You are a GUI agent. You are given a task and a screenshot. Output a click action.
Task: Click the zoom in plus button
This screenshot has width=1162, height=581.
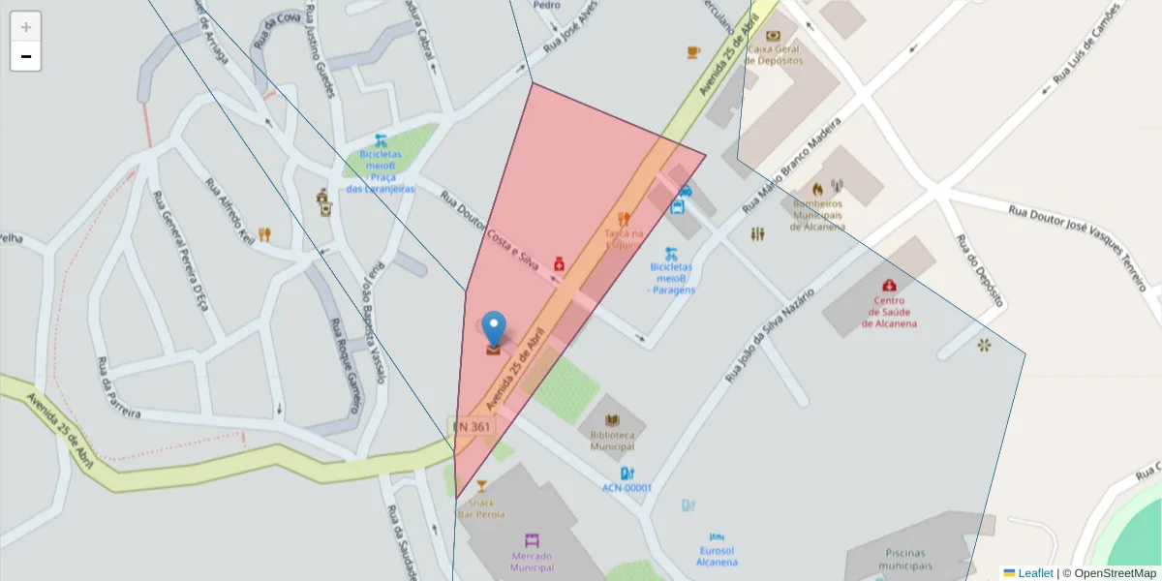click(26, 27)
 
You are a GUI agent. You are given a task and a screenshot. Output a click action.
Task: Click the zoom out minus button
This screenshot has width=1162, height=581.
click(26, 56)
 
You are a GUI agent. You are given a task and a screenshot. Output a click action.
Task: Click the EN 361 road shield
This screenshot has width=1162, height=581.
click(472, 426)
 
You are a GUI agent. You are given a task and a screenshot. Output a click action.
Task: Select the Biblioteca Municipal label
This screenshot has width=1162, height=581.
click(612, 441)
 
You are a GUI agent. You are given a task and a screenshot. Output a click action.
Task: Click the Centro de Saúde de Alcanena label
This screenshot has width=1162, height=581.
click(889, 312)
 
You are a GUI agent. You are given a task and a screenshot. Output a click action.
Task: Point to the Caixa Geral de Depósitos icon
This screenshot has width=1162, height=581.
click(773, 36)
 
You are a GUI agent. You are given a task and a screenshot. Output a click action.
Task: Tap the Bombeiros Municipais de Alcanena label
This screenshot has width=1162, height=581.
click(818, 215)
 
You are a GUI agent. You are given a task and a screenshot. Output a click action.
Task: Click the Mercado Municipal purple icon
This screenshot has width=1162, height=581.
click(532, 539)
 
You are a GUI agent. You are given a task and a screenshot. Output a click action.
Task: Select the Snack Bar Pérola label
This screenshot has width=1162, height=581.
click(481, 508)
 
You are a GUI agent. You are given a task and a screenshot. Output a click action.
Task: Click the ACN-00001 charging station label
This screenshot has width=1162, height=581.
click(627, 488)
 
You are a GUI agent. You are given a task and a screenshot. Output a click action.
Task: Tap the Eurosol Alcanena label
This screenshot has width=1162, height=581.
click(718, 556)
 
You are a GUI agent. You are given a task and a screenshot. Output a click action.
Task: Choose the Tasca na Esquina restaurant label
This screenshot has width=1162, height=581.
click(624, 238)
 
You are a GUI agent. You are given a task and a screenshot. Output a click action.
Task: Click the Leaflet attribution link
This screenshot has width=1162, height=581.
click(1035, 573)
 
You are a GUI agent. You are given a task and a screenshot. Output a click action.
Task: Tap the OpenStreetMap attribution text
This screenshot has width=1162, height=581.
click(1115, 573)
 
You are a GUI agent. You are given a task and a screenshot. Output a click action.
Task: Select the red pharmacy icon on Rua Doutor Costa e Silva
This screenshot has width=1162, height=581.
click(559, 263)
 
